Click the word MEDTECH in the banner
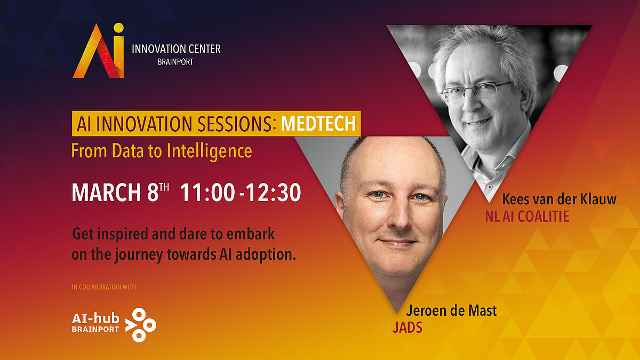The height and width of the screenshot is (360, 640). click(x=318, y=123)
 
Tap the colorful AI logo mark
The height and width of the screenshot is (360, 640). click(x=99, y=51)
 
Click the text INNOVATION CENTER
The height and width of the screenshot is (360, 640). click(x=176, y=49)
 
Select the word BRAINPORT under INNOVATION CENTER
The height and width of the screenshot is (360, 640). click(x=175, y=62)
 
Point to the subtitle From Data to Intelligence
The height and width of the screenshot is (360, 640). click(x=162, y=151)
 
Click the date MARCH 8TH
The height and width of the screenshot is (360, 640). click(x=121, y=193)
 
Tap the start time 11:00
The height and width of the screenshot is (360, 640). click(x=207, y=193)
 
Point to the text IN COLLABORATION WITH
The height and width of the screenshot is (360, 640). click(x=103, y=287)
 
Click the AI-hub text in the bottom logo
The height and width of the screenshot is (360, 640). click(x=95, y=318)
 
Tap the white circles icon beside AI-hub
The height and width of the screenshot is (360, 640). click(x=141, y=325)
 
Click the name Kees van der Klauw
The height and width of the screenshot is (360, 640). click(x=559, y=199)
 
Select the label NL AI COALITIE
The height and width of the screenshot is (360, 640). click(x=527, y=217)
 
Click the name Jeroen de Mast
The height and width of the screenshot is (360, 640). click(x=451, y=310)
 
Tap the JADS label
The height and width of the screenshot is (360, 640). click(x=407, y=327)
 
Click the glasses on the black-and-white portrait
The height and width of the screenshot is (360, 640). click(x=476, y=90)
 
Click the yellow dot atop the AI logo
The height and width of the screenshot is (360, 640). click(x=118, y=28)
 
